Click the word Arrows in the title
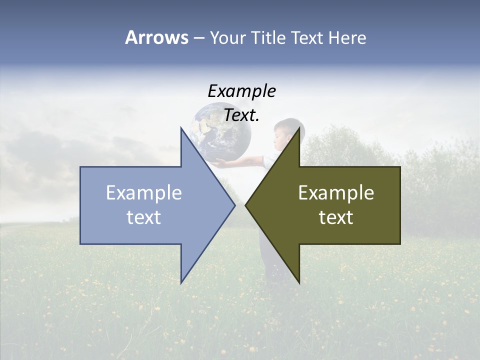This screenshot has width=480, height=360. tap(156, 37)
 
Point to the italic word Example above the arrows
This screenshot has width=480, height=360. tap(241, 91)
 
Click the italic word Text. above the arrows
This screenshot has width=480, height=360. tap(241, 115)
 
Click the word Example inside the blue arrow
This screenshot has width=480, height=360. tap(144, 192)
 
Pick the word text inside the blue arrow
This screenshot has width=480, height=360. tap(144, 217)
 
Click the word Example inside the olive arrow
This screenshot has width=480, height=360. tap(336, 192)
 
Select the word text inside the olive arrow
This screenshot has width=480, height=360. tap(336, 217)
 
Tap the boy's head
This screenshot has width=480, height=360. tap(286, 131)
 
